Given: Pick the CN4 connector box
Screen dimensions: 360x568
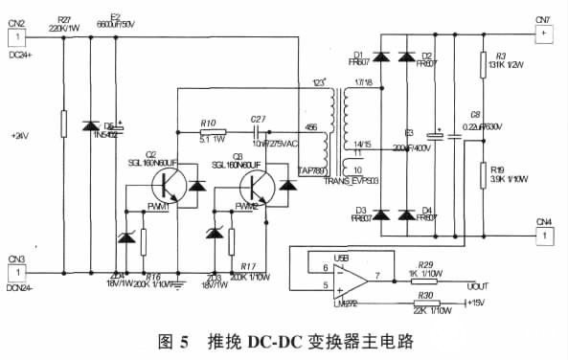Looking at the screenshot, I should click(542, 235).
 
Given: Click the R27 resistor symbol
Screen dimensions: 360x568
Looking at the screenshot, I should click(62, 124).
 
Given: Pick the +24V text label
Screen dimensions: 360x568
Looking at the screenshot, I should click(20, 136).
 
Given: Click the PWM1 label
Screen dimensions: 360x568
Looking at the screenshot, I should click(160, 206).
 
